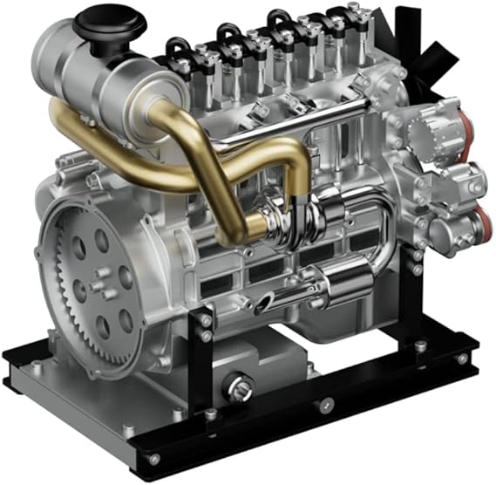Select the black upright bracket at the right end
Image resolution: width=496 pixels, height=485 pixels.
point(418,305)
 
